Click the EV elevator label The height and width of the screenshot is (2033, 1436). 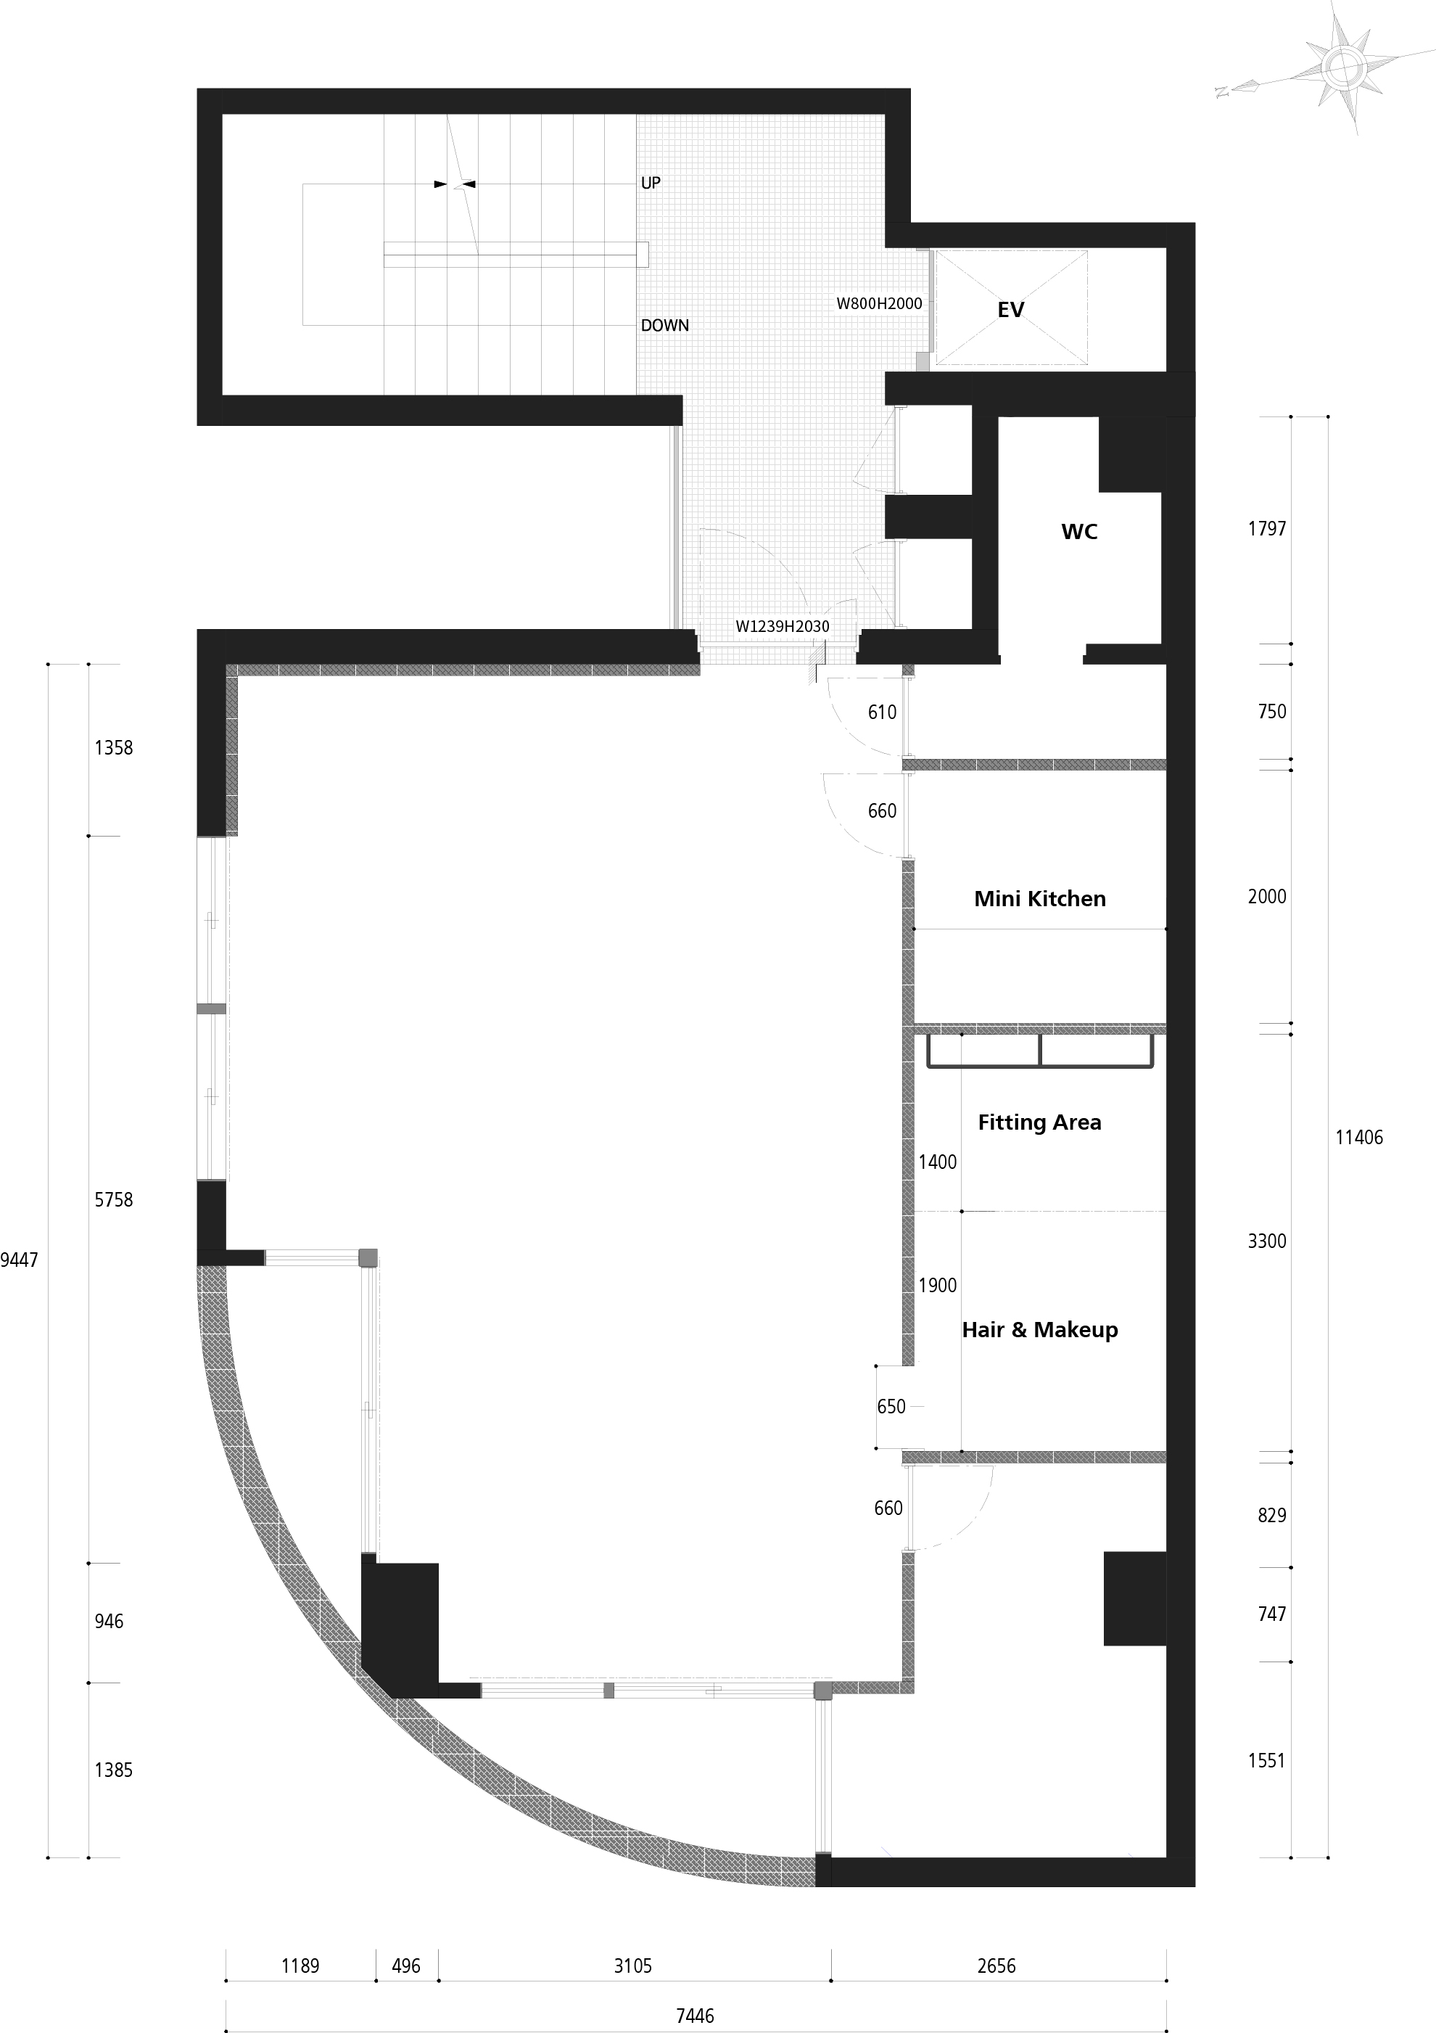click(1010, 309)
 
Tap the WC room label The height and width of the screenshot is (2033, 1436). click(1079, 531)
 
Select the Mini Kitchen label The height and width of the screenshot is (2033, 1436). click(1039, 899)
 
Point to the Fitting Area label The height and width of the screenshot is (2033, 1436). click(1039, 1122)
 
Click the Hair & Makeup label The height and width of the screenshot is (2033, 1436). click(1039, 1330)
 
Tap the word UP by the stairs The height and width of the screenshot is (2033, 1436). click(651, 182)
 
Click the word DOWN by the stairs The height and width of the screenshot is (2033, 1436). click(665, 325)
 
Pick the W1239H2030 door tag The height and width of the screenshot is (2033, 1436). click(783, 627)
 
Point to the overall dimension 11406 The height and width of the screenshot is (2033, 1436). click(1359, 1137)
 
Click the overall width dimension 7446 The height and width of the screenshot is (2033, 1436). click(695, 2016)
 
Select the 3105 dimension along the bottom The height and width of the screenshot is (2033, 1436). click(633, 1966)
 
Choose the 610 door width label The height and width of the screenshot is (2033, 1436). click(882, 712)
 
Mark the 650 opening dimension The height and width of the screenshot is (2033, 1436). click(891, 1407)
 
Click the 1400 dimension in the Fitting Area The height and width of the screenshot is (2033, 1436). click(938, 1162)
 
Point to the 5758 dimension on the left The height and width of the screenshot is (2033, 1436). click(113, 1200)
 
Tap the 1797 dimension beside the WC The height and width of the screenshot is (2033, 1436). click(1267, 529)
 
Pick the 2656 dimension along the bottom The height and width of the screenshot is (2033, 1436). click(996, 1966)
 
